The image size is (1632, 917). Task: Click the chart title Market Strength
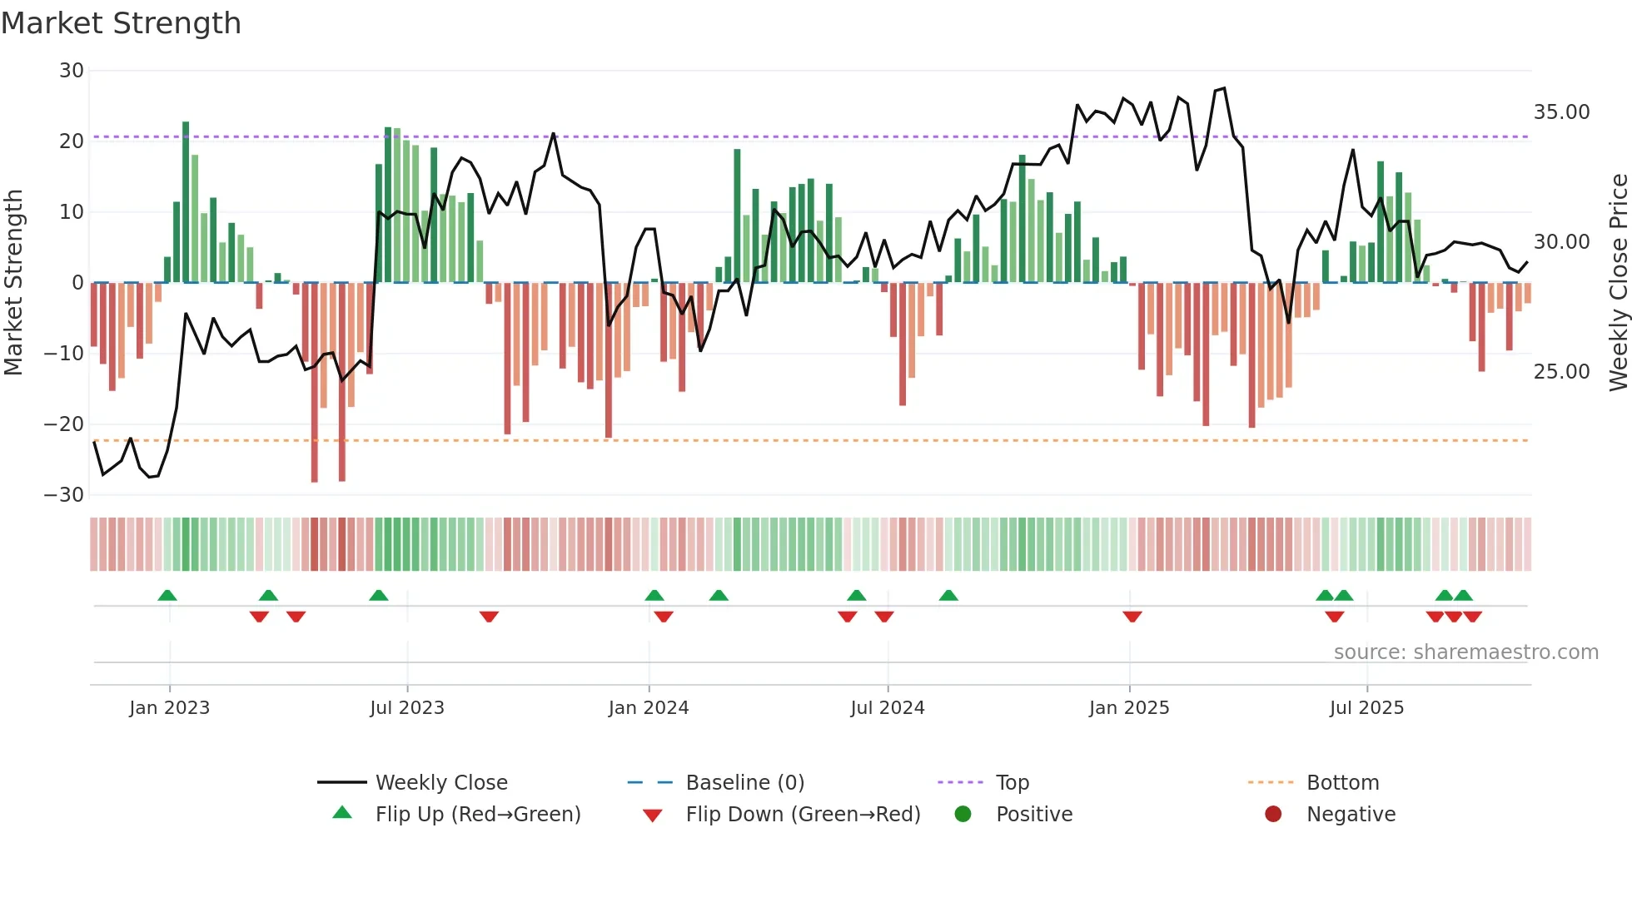point(122,23)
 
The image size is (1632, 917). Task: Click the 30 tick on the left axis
point(72,71)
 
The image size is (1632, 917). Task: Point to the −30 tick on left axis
point(64,495)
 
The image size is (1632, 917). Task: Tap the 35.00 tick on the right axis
point(1561,112)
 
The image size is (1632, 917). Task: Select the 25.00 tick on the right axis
point(1561,372)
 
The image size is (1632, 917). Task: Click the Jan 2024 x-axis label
point(649,708)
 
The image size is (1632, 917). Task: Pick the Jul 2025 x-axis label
point(1366,708)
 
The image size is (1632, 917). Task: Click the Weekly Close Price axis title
point(1618,283)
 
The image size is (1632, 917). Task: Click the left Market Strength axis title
point(14,283)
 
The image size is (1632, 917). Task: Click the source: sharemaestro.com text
point(1465,652)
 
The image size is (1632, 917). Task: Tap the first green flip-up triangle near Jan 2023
point(167,595)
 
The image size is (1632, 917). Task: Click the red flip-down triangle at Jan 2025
point(1132,617)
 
